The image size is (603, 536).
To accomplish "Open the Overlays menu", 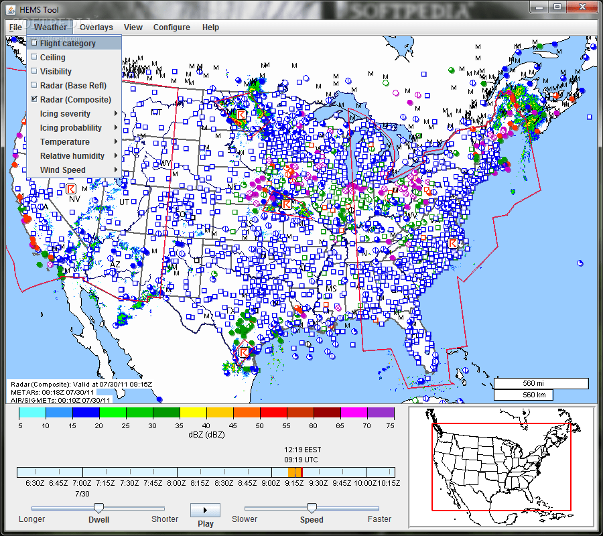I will pyautogui.click(x=96, y=27).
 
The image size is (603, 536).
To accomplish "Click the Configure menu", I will pyautogui.click(x=172, y=27).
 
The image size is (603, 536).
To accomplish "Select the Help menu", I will pyautogui.click(x=210, y=27).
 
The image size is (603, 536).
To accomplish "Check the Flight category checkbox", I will pyautogui.click(x=34, y=44).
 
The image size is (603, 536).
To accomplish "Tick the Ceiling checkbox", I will pyautogui.click(x=34, y=58).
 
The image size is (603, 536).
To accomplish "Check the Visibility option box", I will pyautogui.click(x=34, y=72).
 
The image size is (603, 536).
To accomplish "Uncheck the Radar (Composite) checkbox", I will pyautogui.click(x=34, y=100).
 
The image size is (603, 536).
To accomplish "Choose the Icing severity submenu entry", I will pyautogui.click(x=65, y=114).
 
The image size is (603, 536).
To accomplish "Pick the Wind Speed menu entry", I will pyautogui.click(x=62, y=170).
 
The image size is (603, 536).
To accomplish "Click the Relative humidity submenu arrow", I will pyautogui.click(x=116, y=156).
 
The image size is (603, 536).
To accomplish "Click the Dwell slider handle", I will pyautogui.click(x=98, y=508).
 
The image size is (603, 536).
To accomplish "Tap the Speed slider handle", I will pyautogui.click(x=312, y=508).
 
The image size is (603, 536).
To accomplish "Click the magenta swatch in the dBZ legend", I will pyautogui.click(x=354, y=413).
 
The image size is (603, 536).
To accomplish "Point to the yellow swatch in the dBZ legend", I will pyautogui.click(x=193, y=413).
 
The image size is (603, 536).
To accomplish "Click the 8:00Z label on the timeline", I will pyautogui.click(x=176, y=483).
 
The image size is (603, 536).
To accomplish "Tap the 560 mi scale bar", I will pyautogui.click(x=541, y=384).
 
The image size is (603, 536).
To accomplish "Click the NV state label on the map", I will pyautogui.click(x=74, y=199).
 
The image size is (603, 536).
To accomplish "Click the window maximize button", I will pyautogui.click(x=557, y=7).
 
